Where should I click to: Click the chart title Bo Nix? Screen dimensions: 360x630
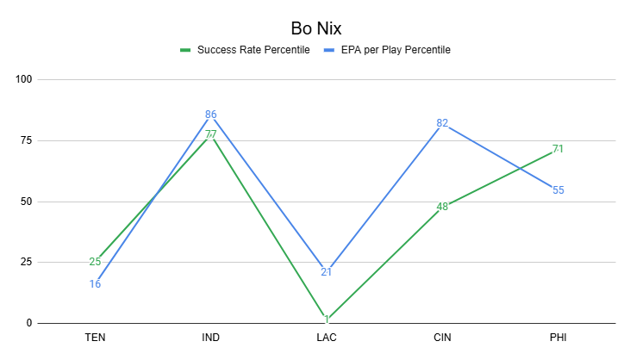point(315,28)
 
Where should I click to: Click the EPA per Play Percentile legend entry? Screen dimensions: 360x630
point(393,50)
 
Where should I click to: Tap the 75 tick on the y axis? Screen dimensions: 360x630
point(25,140)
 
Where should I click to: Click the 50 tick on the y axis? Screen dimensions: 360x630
point(25,202)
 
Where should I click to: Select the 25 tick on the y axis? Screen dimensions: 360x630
point(25,263)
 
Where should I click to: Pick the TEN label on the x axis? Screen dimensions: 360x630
point(95,338)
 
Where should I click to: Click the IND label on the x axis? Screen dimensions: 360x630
point(210,338)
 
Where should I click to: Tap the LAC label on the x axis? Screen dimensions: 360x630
point(327,338)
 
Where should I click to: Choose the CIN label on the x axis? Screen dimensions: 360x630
point(442,338)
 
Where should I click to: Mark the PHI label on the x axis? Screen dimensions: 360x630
point(558,338)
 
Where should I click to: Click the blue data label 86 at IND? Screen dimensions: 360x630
point(211,115)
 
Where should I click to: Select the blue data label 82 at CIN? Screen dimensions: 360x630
point(442,124)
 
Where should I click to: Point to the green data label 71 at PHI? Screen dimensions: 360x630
point(558,150)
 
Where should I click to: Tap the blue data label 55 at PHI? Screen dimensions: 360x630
point(558,189)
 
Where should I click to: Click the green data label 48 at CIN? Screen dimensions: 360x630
point(442,207)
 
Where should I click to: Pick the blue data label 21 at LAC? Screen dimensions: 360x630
point(327,272)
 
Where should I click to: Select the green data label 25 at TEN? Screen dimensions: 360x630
point(95,262)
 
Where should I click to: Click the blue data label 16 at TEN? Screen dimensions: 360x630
point(95,284)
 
